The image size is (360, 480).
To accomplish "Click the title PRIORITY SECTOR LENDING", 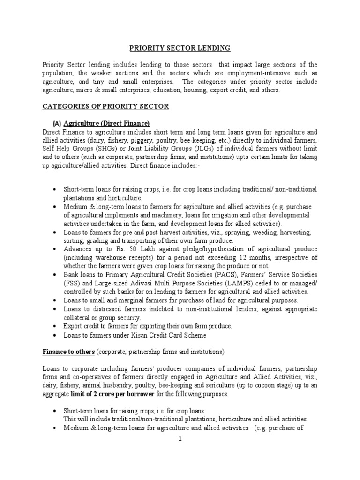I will (x=180, y=47).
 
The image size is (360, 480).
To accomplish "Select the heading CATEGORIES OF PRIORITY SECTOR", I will (x=105, y=106).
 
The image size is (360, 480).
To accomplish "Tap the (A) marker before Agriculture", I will (x=57, y=124).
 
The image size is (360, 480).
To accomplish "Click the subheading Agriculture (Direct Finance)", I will (x=106, y=124).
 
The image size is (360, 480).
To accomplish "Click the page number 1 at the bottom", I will (x=180, y=439).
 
